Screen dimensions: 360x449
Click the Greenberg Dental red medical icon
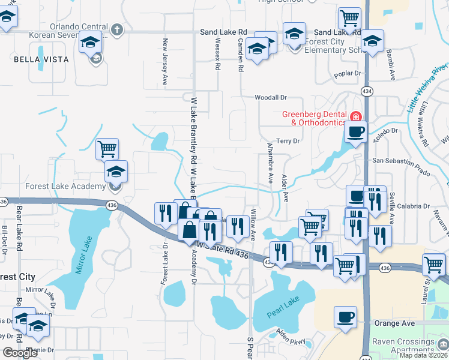(356, 116)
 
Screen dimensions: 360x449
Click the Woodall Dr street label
(271, 97)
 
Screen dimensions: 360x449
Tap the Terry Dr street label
(288, 140)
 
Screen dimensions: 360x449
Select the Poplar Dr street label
(351, 73)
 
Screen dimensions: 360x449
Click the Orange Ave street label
(394, 323)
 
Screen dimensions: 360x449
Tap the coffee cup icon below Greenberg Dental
(356, 132)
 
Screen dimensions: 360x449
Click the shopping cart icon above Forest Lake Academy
(107, 148)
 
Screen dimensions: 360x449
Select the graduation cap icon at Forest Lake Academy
(116, 172)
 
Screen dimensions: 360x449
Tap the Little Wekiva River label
(427, 88)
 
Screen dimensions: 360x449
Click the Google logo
(20, 353)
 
